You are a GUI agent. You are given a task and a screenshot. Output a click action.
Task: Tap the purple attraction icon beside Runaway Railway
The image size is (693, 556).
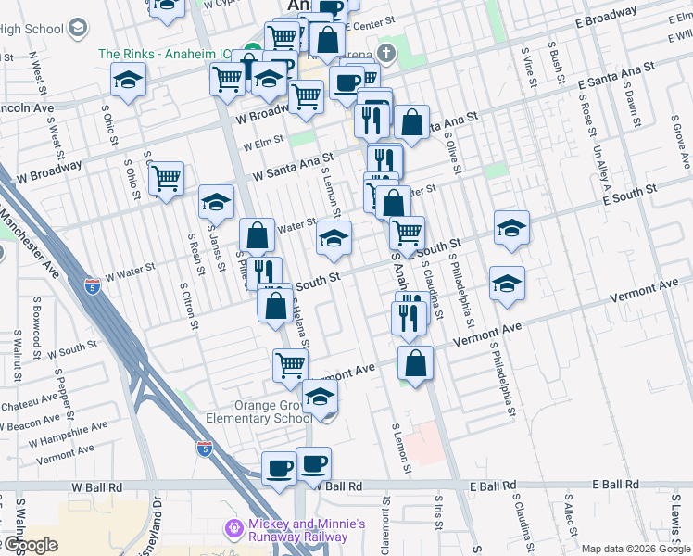(234, 528)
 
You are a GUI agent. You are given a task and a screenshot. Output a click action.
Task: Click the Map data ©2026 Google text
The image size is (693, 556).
(635, 549)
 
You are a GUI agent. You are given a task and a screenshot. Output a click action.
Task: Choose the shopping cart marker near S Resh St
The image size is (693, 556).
(166, 178)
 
